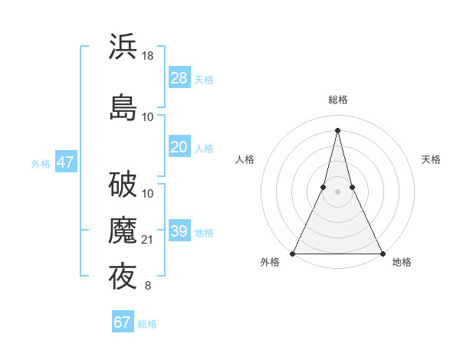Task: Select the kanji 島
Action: [123, 106]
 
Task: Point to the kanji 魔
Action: [123, 231]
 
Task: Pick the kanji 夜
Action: [123, 277]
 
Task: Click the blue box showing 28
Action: [179, 78]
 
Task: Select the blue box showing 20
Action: [179, 147]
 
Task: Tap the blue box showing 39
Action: [179, 231]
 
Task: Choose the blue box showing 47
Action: [65, 162]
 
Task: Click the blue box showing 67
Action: [123, 322]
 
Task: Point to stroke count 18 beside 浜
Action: [149, 55]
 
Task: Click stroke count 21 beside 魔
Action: [149, 240]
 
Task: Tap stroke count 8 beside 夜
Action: [148, 286]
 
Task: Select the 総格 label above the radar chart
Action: [337, 100]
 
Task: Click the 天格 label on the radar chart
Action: [431, 159]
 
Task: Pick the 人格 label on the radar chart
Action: [245, 159]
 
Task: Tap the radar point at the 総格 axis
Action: [337, 129]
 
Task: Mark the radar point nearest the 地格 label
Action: [382, 253]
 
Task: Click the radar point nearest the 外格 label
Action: [293, 253]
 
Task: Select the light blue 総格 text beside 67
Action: [147, 324]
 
